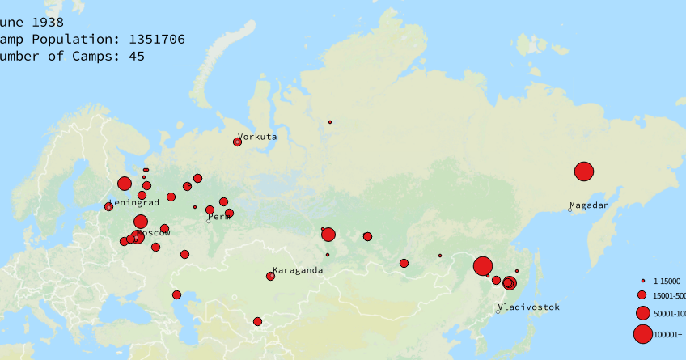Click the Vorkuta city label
click(257, 137)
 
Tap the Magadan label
click(589, 205)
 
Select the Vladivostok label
click(528, 307)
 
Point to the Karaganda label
click(298, 270)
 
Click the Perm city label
click(219, 217)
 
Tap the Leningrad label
click(133, 202)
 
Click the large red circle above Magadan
click(583, 172)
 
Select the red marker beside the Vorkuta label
click(237, 142)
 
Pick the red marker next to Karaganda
click(270, 277)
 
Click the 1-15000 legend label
click(667, 281)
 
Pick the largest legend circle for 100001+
click(642, 333)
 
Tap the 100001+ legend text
click(667, 334)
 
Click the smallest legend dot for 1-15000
click(642, 281)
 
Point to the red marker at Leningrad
click(108, 207)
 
